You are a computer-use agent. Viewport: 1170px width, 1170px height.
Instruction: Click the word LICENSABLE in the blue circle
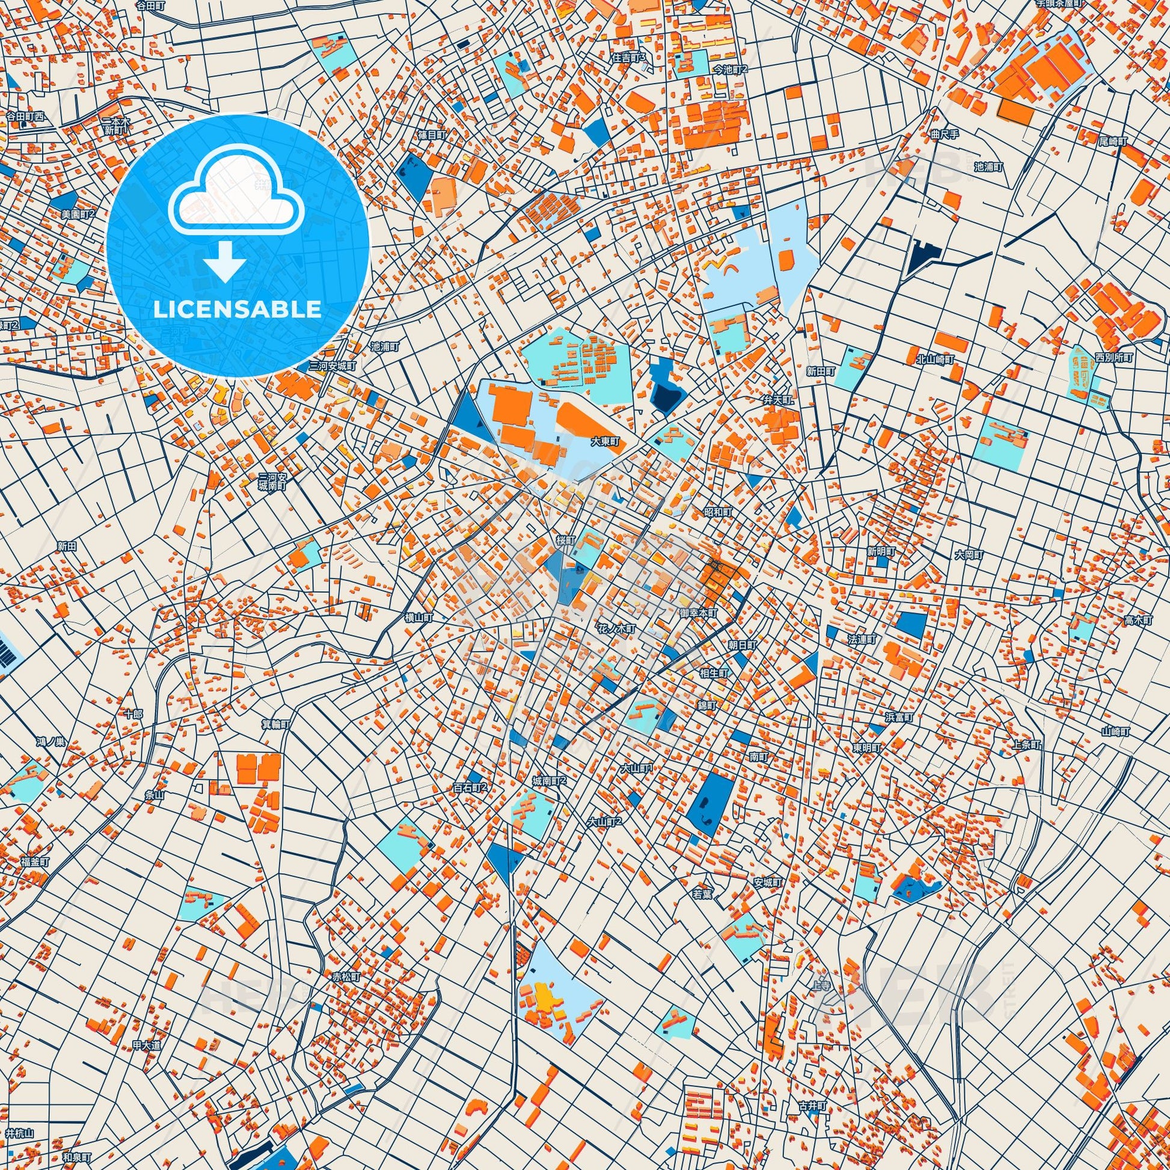237,310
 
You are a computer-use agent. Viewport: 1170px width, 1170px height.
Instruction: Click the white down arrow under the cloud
224,262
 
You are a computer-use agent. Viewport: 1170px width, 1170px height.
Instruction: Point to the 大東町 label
606,443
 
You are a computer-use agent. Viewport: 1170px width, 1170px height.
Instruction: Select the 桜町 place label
566,539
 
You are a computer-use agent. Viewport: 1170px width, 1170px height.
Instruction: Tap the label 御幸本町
699,613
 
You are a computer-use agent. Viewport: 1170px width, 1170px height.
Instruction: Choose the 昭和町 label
718,512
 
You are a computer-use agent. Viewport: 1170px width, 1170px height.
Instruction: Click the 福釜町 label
33,861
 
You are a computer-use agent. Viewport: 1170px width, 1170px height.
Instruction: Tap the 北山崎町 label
935,359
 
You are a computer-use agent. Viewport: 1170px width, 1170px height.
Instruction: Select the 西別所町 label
1113,358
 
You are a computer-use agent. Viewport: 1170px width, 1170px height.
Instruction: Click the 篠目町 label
432,135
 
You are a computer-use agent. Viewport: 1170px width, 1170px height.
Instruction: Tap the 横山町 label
419,617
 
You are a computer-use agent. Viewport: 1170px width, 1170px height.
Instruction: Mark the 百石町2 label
470,788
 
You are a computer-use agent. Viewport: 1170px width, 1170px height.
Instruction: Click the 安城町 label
768,883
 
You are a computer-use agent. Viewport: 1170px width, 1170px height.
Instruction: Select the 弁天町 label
777,400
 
